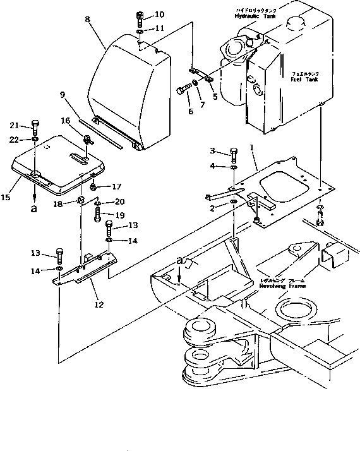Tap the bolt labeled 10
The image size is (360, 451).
pyautogui.click(x=140, y=16)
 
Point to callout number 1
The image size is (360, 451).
pyautogui.click(x=251, y=147)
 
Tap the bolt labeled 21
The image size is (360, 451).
pyautogui.click(x=35, y=125)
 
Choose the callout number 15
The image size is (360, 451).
pyautogui.click(x=6, y=198)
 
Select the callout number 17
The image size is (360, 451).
pyautogui.click(x=116, y=186)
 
